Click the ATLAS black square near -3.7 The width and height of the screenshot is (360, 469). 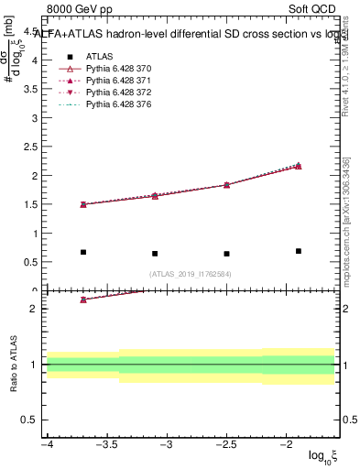pyautogui.click(x=83, y=252)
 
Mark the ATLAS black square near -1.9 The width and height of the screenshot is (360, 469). pyautogui.click(x=299, y=251)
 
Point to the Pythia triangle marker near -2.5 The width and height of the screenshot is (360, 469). pyautogui.click(x=226, y=185)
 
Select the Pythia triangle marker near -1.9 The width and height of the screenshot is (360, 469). pyautogui.click(x=299, y=166)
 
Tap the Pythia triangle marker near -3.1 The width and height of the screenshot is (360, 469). pyautogui.click(x=155, y=196)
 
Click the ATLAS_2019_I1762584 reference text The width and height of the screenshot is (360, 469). pyautogui.click(x=191, y=273)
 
